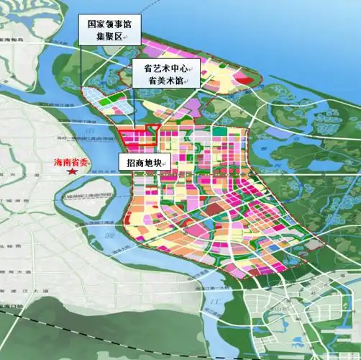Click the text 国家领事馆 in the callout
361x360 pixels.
110,23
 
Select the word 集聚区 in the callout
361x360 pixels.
106,35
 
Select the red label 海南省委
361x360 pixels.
70,163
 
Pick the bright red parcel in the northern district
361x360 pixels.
246,80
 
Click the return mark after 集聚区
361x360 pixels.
127,36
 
